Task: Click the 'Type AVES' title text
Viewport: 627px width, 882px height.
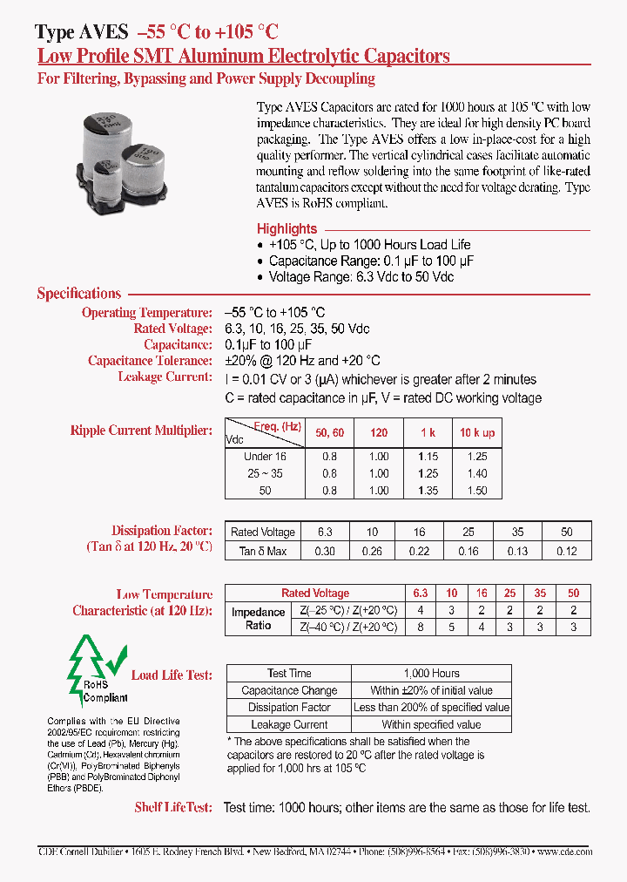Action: point(83,32)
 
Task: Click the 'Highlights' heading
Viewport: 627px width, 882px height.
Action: point(287,228)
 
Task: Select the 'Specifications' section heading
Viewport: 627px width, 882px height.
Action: point(78,294)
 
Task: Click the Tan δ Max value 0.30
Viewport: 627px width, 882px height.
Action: point(323,551)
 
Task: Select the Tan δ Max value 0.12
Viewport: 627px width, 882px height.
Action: point(567,551)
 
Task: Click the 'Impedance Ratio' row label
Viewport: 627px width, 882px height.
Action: point(258,619)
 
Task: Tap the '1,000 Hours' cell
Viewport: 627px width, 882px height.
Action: point(432,673)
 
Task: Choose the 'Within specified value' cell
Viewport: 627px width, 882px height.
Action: point(431,724)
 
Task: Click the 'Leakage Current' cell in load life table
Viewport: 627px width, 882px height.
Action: point(289,724)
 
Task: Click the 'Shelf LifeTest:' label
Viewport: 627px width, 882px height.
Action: point(172,807)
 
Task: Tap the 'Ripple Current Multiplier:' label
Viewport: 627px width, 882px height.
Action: point(141,431)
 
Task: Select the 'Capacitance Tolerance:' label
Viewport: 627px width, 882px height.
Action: point(150,361)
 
